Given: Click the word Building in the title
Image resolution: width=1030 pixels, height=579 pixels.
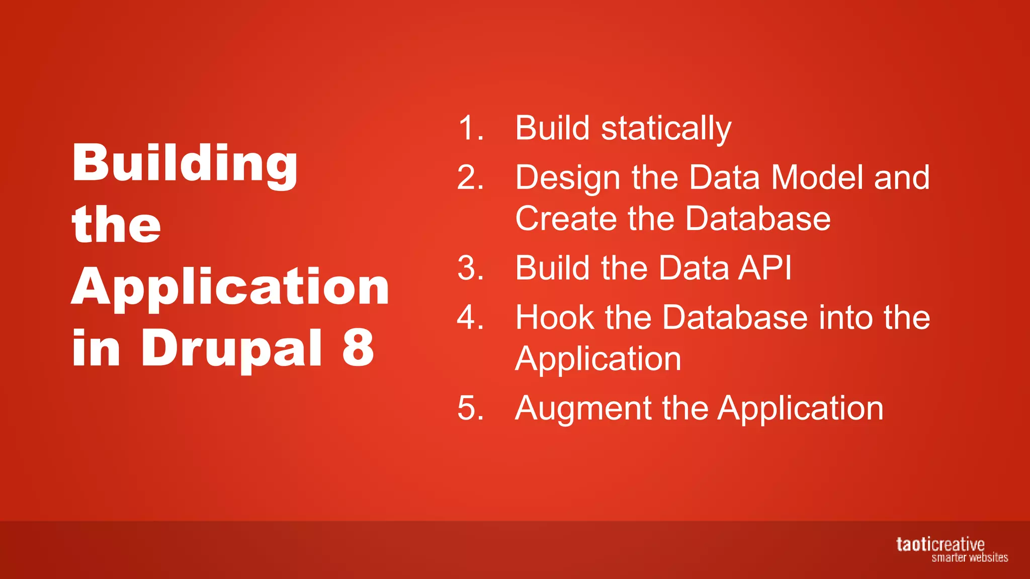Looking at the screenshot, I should pos(185,164).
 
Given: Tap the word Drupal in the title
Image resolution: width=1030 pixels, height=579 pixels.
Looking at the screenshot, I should pos(231,348).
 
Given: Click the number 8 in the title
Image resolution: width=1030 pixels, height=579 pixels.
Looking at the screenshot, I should pos(358,347).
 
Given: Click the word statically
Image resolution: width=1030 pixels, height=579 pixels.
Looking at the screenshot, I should pos(666,129).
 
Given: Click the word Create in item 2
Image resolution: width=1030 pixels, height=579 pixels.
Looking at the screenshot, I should pos(566,219).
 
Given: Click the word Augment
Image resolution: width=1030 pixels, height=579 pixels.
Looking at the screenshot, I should pos(583,408).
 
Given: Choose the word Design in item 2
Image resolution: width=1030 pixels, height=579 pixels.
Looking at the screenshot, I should pos(568,178).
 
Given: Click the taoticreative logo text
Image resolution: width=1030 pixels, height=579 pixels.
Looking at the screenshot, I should pos(939,544).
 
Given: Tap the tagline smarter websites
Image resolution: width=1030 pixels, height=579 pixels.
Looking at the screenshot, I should pos(969,557).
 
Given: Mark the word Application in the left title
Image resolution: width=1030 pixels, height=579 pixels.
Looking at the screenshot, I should pos(230,287).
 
